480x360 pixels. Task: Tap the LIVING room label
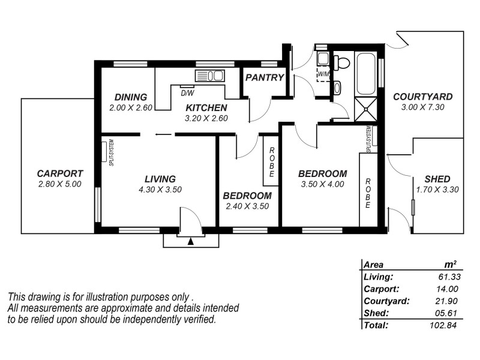160,179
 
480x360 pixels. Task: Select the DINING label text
131,97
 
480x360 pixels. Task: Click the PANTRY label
265,77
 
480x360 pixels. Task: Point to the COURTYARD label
422,97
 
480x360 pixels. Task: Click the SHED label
437,179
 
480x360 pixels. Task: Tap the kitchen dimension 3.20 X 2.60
206,118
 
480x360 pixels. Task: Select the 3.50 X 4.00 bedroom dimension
322,184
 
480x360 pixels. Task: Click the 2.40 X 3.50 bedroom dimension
247,206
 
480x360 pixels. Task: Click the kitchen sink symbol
209,76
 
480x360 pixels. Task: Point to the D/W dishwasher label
187,93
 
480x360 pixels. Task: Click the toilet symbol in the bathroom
343,62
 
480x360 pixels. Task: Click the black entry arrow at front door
191,241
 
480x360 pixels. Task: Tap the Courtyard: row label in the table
386,301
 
